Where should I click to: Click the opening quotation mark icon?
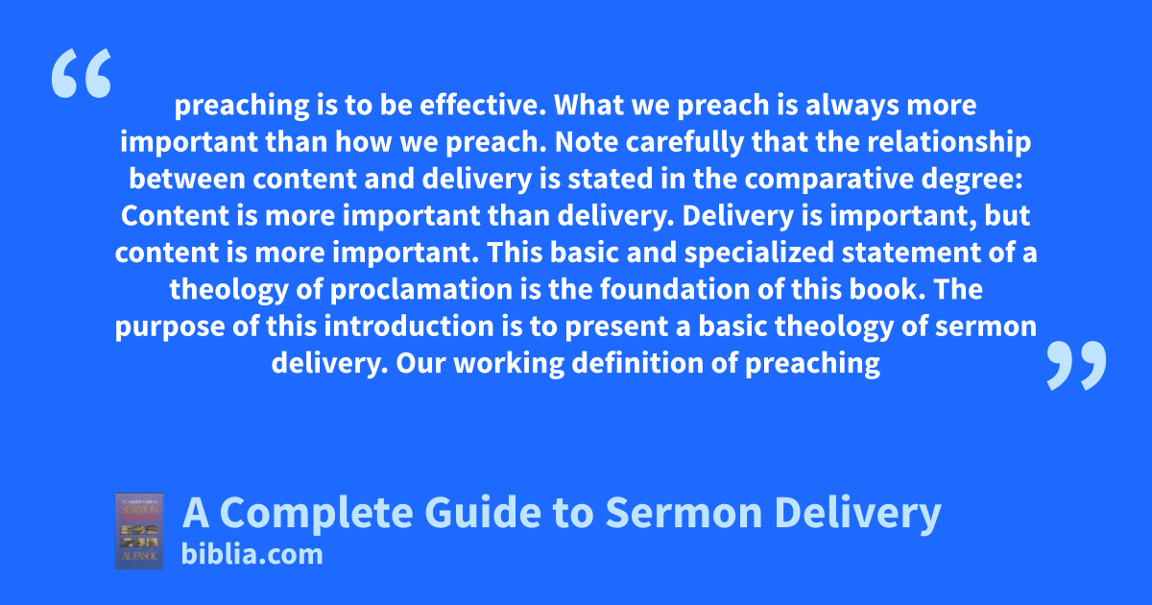pyautogui.click(x=82, y=73)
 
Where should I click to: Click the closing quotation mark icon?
pyautogui.click(x=1076, y=365)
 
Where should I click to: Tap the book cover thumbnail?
pyautogui.click(x=139, y=531)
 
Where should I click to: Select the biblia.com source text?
pyautogui.click(x=252, y=555)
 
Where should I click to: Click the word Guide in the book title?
pyautogui.click(x=483, y=513)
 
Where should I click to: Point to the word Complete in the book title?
pyautogui.click(x=316, y=513)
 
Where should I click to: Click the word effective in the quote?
pyautogui.click(x=482, y=105)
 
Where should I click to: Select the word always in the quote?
pyautogui.click(x=852, y=106)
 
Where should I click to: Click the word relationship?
pyautogui.click(x=948, y=143)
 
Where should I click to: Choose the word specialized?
pyautogui.click(x=758, y=254)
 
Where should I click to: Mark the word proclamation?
pyautogui.click(x=421, y=290)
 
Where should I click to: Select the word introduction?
pyautogui.click(x=409, y=327)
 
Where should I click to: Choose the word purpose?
pyautogui.click(x=170, y=327)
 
